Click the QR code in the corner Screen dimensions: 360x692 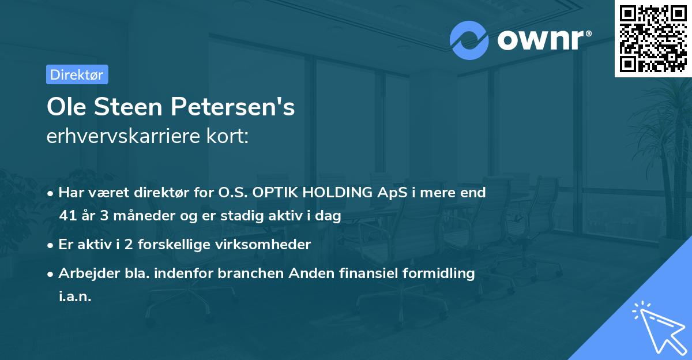coord(653,39)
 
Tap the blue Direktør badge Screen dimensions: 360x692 coord(77,74)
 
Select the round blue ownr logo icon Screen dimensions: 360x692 coord(469,40)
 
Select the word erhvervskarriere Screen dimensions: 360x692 coord(122,137)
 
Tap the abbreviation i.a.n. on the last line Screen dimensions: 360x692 coord(75,297)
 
